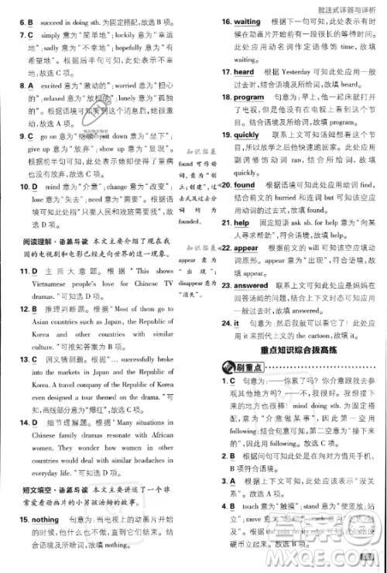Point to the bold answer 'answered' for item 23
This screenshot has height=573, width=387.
252,286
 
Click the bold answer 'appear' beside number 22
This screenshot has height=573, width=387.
246,248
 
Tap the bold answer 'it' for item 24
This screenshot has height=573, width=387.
237,323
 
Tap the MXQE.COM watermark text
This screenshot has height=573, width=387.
352,559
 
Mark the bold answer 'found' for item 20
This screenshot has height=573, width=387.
244,185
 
